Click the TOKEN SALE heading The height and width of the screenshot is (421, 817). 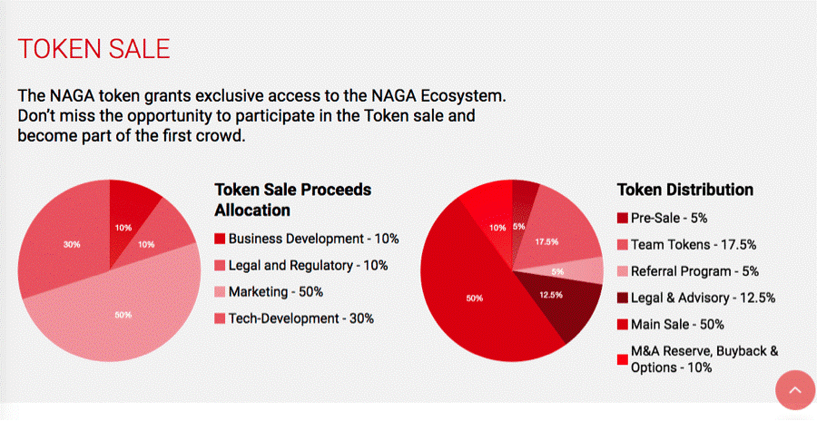coord(94,49)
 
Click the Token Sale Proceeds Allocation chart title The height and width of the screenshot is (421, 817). coord(293,200)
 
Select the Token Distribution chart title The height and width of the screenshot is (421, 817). coord(685,190)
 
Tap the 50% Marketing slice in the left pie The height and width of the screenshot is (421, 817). coord(123,314)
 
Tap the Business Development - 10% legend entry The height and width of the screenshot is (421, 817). coord(307,239)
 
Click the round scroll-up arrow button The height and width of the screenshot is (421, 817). coord(795,389)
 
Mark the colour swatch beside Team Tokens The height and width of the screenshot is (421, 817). coord(622,244)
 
